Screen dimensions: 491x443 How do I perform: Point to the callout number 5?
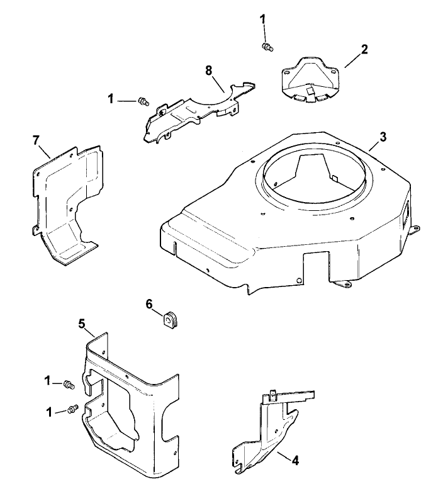(x=81, y=324)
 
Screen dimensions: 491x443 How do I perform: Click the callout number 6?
(x=149, y=304)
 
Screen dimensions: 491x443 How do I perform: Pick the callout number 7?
(x=36, y=138)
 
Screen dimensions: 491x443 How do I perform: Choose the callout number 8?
(x=208, y=69)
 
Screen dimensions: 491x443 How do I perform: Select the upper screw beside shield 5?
(x=69, y=383)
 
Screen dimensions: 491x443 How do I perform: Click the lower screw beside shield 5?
(x=72, y=409)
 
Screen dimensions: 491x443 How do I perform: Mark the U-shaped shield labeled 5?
(x=126, y=403)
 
